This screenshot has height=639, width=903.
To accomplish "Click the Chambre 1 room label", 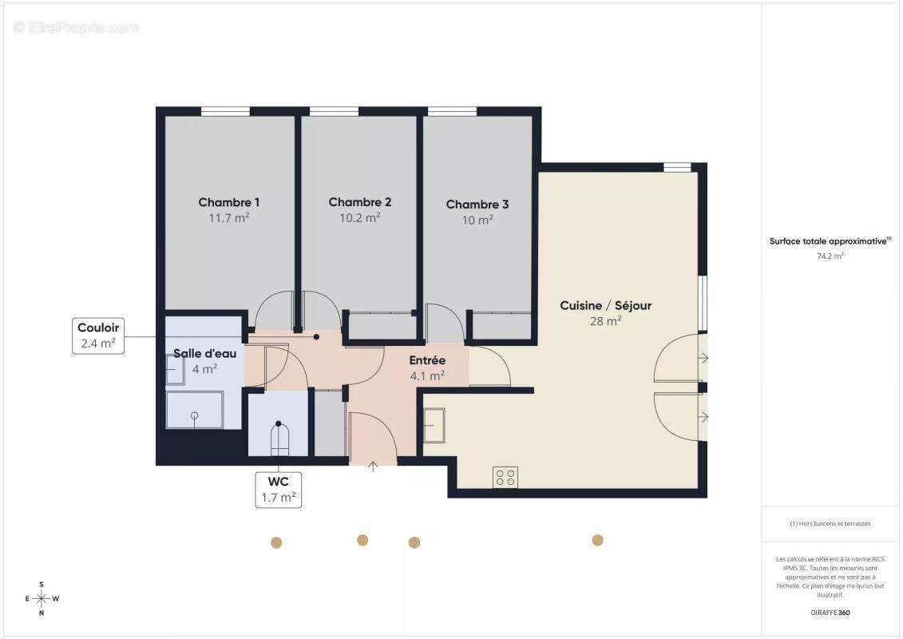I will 228,202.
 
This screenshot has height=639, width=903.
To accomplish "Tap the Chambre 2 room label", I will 359,202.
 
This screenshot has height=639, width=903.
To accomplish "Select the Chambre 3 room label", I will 477,204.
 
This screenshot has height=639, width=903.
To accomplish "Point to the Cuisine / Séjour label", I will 605,305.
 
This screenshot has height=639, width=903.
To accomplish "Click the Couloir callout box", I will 98,336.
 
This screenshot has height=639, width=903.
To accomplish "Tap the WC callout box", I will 278,490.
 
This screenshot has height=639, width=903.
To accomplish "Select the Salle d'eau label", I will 204,353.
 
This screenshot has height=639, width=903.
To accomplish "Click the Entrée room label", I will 427,360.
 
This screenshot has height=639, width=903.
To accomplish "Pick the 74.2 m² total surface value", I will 830,256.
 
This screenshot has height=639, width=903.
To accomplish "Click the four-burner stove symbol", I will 505,477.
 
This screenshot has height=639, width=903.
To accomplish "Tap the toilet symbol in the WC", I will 279,440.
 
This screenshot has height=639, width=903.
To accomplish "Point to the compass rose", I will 42,597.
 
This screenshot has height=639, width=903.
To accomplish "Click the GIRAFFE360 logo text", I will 830,613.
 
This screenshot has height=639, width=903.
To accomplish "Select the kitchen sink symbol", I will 434,425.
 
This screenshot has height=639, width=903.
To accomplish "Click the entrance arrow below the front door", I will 372,466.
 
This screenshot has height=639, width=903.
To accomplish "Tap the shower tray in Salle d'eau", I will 194,409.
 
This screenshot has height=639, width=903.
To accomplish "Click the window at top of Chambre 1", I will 225,112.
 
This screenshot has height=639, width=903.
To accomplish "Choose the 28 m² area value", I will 605,321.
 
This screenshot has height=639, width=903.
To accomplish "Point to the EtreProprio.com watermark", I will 77,27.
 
